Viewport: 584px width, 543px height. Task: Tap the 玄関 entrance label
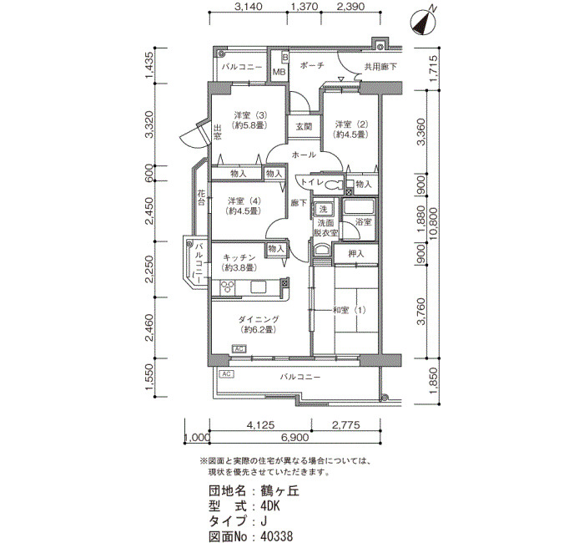pyautogui.click(x=304, y=126)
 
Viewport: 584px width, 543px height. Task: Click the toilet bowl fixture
pyautogui.click(x=334, y=185)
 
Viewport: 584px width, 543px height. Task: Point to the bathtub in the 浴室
pyautogui.click(x=358, y=206)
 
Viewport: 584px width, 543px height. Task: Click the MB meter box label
pyautogui.click(x=279, y=71)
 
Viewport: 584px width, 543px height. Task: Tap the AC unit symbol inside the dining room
pyautogui.click(x=239, y=348)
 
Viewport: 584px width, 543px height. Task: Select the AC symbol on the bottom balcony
pyautogui.click(x=227, y=373)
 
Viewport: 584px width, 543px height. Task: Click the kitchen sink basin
pyautogui.click(x=259, y=287)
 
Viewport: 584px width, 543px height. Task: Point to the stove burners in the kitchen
pyautogui.click(x=227, y=287)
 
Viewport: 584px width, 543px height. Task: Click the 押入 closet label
pyautogui.click(x=355, y=254)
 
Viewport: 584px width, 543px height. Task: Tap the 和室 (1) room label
pyautogui.click(x=349, y=310)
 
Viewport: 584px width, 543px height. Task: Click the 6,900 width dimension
pyautogui.click(x=295, y=437)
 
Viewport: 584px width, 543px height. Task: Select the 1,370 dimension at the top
pyautogui.click(x=305, y=7)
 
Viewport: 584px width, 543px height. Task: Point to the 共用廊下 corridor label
pyautogui.click(x=380, y=67)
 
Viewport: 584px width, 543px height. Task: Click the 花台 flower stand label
pyautogui.click(x=201, y=198)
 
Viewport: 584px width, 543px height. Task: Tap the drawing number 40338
pyautogui.click(x=277, y=536)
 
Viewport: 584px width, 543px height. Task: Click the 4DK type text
pyautogui.click(x=270, y=506)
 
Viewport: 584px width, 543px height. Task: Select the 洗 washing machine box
pyautogui.click(x=323, y=209)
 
